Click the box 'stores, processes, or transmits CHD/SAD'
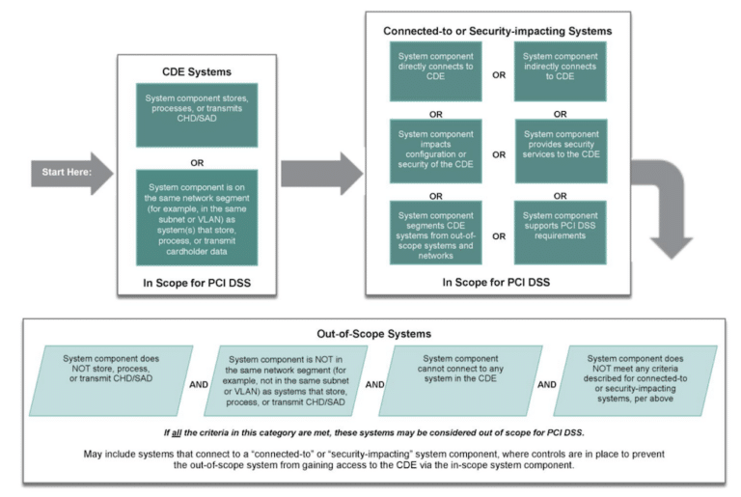click(x=197, y=112)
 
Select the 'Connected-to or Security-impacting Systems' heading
click(x=497, y=31)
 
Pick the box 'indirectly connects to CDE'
click(x=560, y=70)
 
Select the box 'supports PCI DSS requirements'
click(x=560, y=233)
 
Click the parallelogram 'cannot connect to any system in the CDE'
click(x=458, y=380)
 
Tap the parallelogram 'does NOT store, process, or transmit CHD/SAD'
click(x=112, y=380)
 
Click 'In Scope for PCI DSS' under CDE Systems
click(x=196, y=284)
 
